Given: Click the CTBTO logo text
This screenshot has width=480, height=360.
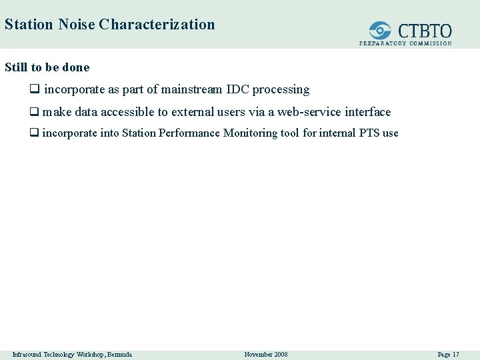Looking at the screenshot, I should [x=425, y=31].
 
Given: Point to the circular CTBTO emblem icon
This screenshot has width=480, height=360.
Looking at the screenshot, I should [x=381, y=31].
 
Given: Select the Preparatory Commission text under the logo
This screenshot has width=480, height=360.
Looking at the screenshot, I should [x=405, y=43].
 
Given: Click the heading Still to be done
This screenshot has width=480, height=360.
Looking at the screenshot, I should [x=47, y=67].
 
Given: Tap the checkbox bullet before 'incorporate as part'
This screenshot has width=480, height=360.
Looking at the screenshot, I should [x=34, y=89].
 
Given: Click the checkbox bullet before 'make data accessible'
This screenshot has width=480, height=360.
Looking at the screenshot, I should [x=34, y=112].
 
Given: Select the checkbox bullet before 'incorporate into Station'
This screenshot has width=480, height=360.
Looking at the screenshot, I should [x=34, y=133].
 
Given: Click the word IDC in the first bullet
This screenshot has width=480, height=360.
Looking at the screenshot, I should [x=238, y=89].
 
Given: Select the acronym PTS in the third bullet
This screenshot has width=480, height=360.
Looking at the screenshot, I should [x=369, y=133].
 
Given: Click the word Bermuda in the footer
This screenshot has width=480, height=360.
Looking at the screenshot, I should [x=117, y=354].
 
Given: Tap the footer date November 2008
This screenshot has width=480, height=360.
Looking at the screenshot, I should [x=266, y=354].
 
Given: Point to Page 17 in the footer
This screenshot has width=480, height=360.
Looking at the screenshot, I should [x=448, y=354].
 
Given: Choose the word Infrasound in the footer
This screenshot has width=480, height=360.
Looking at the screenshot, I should [x=27, y=354].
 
